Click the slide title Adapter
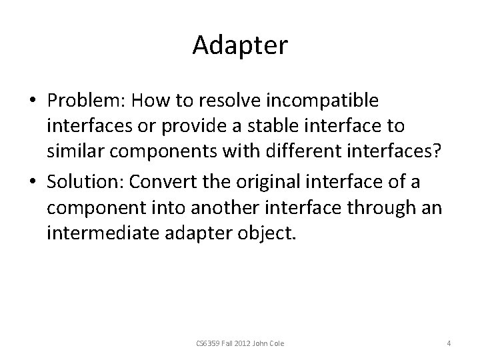tap(240, 45)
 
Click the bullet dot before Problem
tap(33, 102)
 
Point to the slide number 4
tap(449, 343)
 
